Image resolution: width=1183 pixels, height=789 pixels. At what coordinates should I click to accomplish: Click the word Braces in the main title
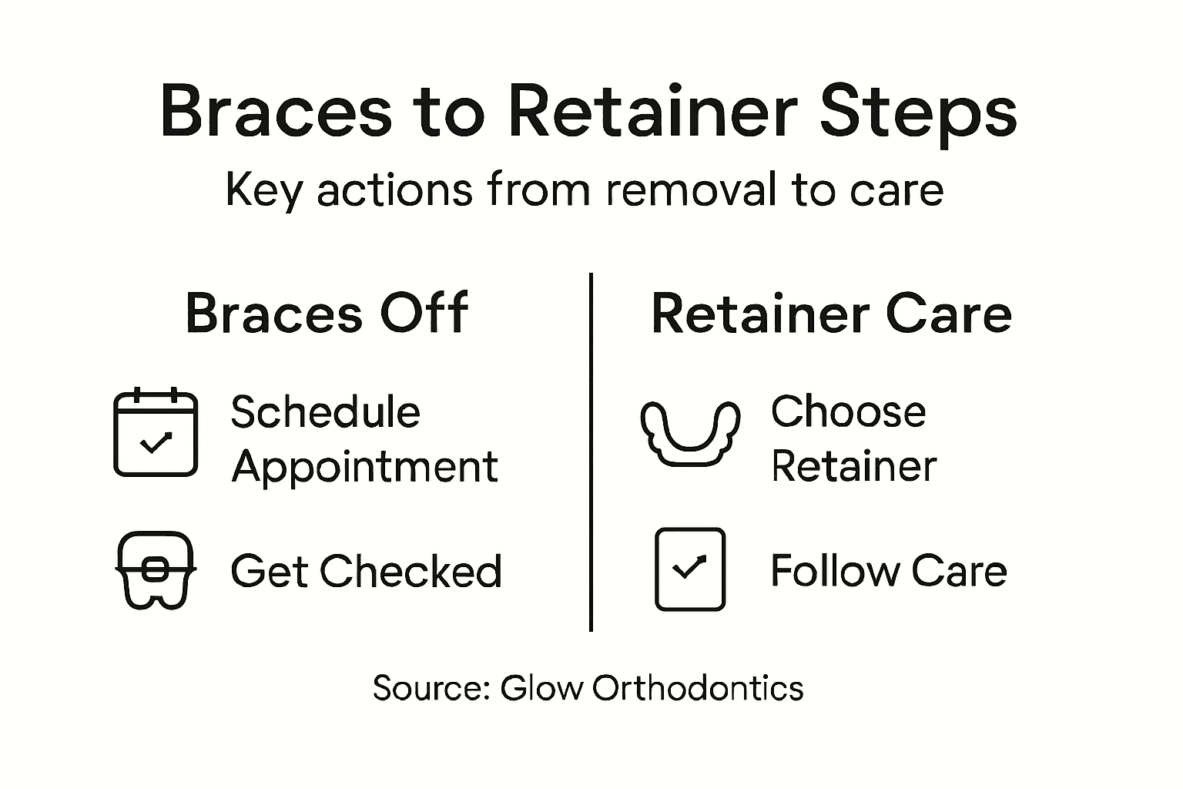pos(276,113)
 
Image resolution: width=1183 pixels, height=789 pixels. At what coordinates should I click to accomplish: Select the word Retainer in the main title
pos(652,113)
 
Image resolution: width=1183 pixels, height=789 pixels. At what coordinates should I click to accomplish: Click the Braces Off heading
pos(327,314)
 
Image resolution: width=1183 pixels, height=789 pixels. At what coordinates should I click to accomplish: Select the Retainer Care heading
pos(831,314)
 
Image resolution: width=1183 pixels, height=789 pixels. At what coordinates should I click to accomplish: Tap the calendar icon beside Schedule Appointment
pos(156,432)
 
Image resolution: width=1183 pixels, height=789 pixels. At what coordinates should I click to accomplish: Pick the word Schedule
pos(325,412)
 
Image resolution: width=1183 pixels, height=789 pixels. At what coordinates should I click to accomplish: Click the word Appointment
pos(364,467)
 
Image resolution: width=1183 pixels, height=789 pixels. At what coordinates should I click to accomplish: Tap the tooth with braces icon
pos(156,570)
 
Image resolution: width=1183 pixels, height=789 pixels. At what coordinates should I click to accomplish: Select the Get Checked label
pos(366,572)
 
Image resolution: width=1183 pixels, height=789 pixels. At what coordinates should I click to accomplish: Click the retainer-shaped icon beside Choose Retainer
pos(689,433)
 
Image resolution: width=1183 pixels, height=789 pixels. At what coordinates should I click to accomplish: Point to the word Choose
pos(848,412)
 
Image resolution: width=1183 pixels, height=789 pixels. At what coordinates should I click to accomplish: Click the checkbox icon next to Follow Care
pos(689,569)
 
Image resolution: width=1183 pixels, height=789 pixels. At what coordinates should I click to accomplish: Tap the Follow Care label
pos(888,572)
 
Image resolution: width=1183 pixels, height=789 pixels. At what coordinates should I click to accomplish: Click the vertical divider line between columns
pos(591,452)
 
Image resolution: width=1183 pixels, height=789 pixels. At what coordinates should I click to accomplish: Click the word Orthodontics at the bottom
pos(698,687)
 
